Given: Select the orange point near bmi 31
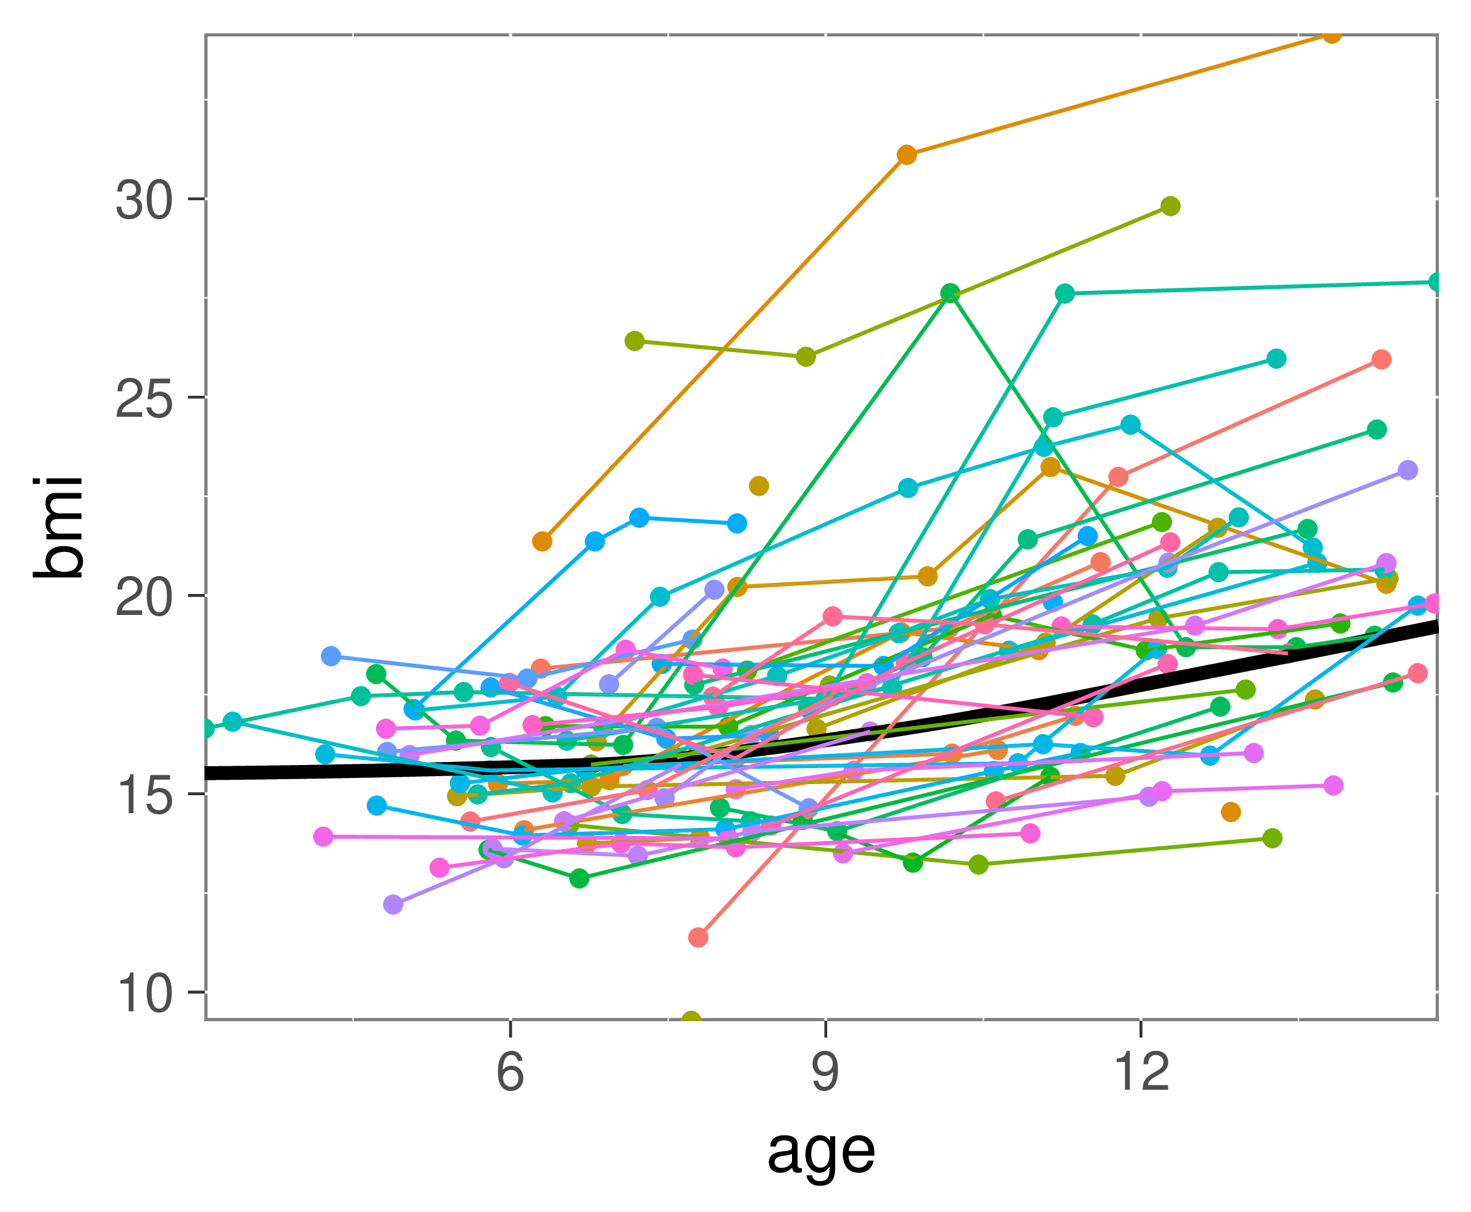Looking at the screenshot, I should (x=906, y=155).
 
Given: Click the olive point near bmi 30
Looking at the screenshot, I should (x=1170, y=206).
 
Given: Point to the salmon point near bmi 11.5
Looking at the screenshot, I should (x=698, y=937).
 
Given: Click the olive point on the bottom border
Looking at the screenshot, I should (x=691, y=1020).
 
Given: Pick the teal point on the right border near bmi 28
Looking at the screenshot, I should (x=1436, y=282).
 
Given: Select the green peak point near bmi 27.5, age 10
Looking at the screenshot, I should (x=950, y=293).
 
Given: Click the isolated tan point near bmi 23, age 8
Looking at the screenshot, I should (x=759, y=486).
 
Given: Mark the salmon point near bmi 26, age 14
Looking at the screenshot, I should (x=1381, y=359).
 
